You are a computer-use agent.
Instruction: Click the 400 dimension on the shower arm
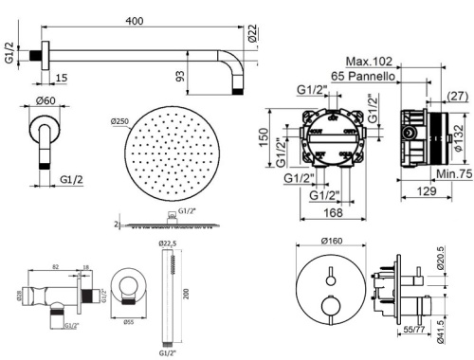click(x=141, y=19)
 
